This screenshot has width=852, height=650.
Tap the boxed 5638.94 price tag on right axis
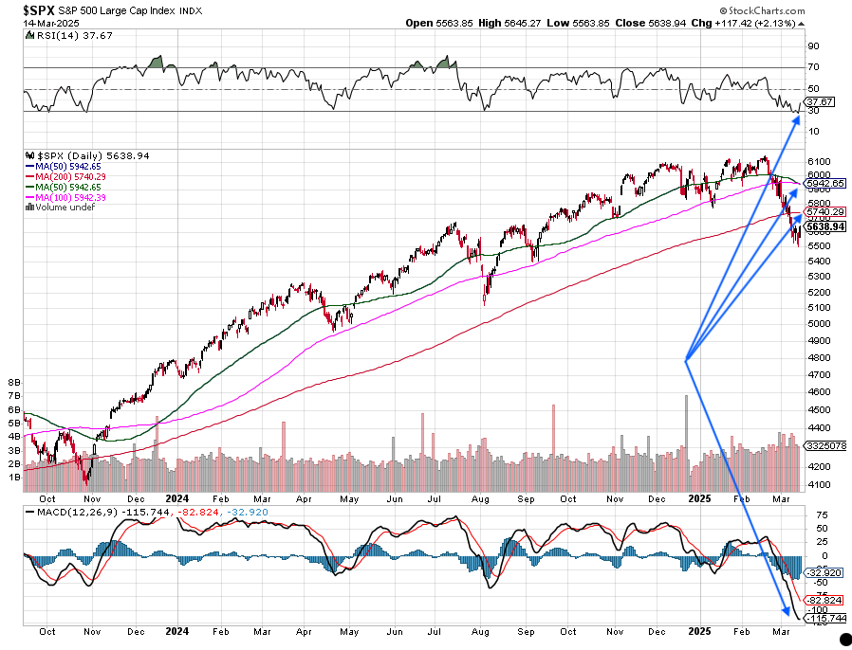click(x=824, y=227)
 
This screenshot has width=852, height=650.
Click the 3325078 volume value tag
click(x=824, y=443)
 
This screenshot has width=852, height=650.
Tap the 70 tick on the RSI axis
click(x=813, y=67)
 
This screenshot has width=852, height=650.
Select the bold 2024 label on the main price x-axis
click(x=176, y=497)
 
